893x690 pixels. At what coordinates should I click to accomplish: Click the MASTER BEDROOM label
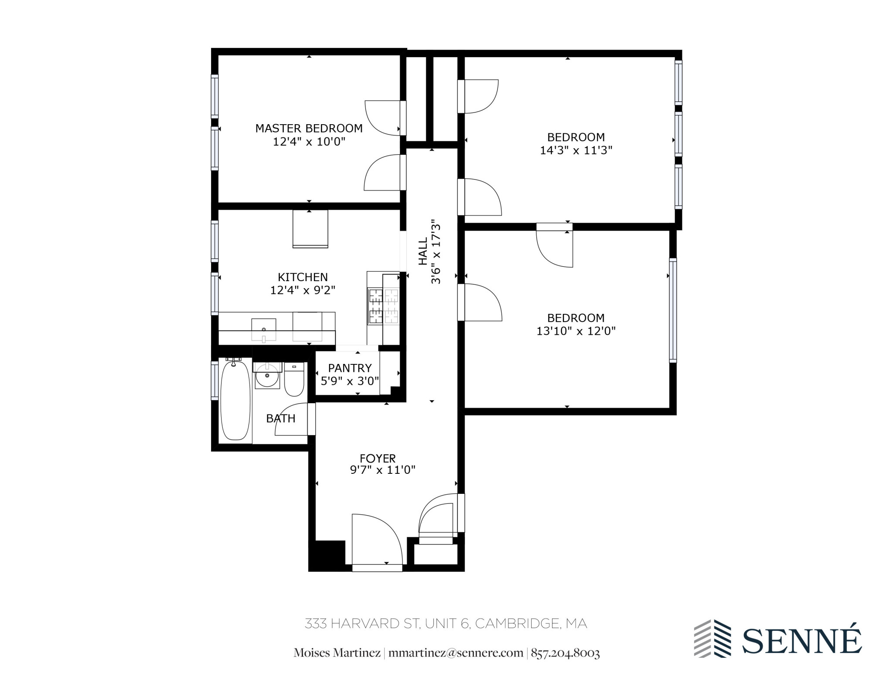click(x=309, y=128)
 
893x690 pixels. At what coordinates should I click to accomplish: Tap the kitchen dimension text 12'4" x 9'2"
click(x=303, y=290)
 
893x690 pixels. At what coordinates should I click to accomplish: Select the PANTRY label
click(x=350, y=368)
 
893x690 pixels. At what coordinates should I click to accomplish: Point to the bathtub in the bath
click(x=235, y=400)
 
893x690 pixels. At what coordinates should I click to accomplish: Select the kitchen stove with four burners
click(x=384, y=305)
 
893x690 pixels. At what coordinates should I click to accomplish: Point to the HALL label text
click(x=423, y=252)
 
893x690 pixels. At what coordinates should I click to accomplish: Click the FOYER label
click(x=378, y=458)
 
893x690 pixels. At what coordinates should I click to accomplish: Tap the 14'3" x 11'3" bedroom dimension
click(x=576, y=150)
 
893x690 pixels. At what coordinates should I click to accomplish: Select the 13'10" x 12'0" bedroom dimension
click(x=576, y=331)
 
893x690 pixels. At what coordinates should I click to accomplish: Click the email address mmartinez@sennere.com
click(x=456, y=653)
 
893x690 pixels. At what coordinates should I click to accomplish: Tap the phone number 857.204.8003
click(x=565, y=653)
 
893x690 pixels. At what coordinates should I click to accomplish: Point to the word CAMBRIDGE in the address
click(x=517, y=623)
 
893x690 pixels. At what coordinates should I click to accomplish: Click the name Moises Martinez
click(x=337, y=653)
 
